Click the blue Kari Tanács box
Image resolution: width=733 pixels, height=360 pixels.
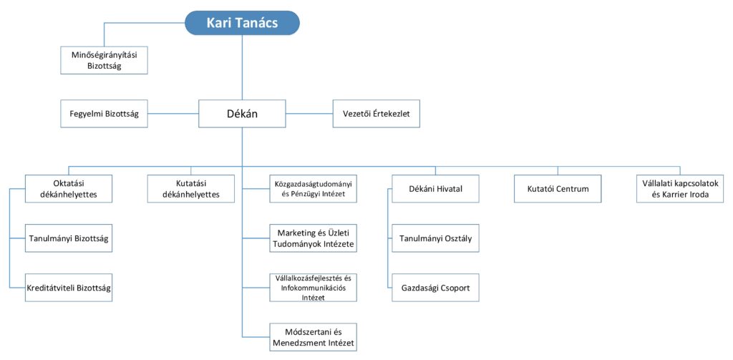[x=242, y=23]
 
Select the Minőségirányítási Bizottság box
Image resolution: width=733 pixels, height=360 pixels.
[x=105, y=60]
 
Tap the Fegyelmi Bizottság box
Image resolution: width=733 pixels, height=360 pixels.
[x=105, y=114]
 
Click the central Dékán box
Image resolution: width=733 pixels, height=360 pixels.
[x=242, y=114]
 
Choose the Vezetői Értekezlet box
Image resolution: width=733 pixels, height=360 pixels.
[x=377, y=114]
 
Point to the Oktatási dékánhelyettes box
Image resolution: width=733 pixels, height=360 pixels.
[x=69, y=189]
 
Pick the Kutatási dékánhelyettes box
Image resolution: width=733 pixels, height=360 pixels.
[x=190, y=189]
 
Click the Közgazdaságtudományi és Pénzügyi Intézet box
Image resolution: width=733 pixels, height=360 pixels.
[x=314, y=189]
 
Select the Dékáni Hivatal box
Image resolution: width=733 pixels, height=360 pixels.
[x=436, y=189]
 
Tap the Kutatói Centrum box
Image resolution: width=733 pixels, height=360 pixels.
[x=558, y=189]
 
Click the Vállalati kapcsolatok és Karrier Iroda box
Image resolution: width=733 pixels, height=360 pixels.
[x=680, y=189]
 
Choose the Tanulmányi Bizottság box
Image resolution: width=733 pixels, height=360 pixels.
[x=69, y=238]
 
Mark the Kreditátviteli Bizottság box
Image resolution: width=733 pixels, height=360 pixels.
[x=69, y=288]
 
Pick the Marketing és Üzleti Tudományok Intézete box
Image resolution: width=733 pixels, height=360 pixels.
[x=314, y=238]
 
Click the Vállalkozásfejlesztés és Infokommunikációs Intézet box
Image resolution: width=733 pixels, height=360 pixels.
[x=314, y=288]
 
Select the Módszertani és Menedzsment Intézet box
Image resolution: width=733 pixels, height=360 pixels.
[x=314, y=337]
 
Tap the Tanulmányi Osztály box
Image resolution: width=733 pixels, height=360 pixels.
[x=436, y=238]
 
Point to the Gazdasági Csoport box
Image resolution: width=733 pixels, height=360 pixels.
[x=436, y=288]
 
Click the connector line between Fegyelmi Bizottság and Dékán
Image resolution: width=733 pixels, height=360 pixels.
[x=173, y=114]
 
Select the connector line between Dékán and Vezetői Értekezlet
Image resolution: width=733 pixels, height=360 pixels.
[x=309, y=114]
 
